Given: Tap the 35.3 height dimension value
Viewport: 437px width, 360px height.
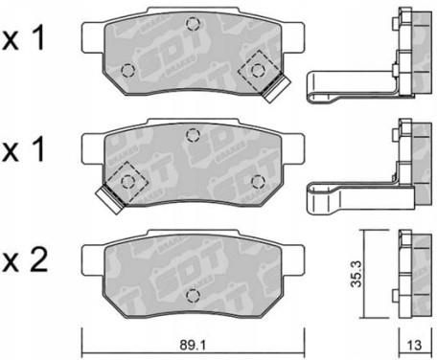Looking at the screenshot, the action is coord(356,274).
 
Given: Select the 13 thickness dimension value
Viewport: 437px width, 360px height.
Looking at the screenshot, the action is coord(415,345).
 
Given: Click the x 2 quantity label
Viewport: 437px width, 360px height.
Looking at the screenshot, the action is coord(25,259).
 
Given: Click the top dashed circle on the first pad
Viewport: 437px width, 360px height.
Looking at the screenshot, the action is coord(193,24).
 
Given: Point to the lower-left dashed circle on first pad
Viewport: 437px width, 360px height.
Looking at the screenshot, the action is coord(128,70).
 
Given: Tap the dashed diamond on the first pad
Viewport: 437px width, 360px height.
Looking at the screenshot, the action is coord(258,70).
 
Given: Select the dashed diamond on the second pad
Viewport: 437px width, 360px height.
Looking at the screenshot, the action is coord(127,182).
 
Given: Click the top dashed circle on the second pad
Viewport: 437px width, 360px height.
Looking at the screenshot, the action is coord(193,135).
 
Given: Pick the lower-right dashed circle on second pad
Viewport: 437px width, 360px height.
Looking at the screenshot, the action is coord(258,182).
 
